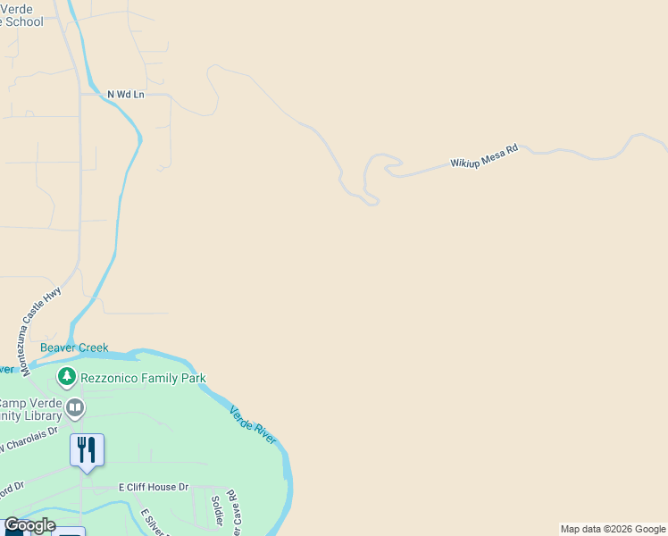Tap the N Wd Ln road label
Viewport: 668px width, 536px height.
[x=125, y=94]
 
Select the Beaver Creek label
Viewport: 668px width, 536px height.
[x=74, y=348]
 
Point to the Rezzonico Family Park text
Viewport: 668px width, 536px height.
[x=143, y=378]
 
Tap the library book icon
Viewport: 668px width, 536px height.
[x=76, y=409]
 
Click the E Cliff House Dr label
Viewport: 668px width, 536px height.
[x=154, y=487]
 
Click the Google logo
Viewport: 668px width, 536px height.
[x=29, y=525]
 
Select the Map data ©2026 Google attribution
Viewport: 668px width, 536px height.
[x=613, y=529]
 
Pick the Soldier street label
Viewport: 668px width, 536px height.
[x=217, y=508]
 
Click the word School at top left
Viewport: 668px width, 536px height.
[x=23, y=21]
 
